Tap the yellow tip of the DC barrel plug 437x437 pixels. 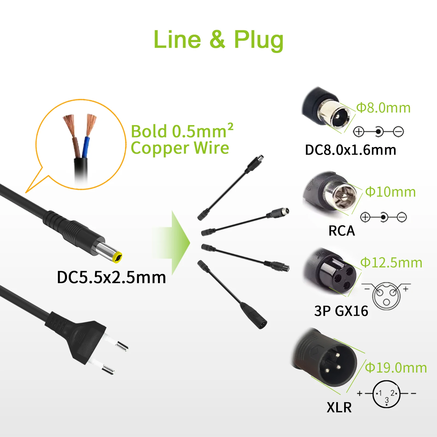(x=117, y=257)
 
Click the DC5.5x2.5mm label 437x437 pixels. (x=111, y=277)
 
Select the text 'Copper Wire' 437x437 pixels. (x=180, y=148)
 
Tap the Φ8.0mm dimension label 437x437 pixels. (x=383, y=108)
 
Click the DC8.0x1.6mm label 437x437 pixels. (x=350, y=150)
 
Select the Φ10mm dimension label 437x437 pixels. (x=391, y=192)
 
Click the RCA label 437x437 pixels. (x=341, y=231)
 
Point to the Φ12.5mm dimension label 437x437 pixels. (x=391, y=263)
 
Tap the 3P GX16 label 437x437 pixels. (x=341, y=311)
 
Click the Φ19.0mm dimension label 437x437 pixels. (x=396, y=368)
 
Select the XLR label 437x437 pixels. (x=339, y=408)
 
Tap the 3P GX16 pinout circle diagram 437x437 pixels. (x=386, y=296)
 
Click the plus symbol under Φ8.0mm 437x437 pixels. (x=359, y=132)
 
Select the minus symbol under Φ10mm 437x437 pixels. (x=402, y=217)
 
